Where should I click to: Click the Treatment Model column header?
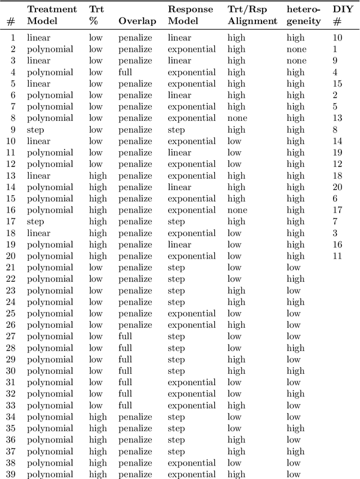coord(52,15)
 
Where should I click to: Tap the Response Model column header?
coord(190,15)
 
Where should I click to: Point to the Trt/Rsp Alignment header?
coord(252,15)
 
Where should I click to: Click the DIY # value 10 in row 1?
coord(337,38)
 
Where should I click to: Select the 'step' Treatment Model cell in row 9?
coord(35,130)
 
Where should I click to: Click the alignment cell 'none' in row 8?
coord(237,118)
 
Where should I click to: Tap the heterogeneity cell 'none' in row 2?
coord(296,49)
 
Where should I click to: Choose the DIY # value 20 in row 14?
coord(337,187)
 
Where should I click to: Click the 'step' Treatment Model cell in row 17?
coord(35,222)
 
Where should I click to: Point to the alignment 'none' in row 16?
coord(237,210)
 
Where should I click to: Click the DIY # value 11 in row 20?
coord(337,256)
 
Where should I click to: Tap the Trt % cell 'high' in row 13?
coord(98,176)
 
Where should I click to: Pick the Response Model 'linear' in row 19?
coord(179,245)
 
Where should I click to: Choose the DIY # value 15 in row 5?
coord(337,84)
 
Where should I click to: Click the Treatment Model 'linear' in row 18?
coord(38,233)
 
